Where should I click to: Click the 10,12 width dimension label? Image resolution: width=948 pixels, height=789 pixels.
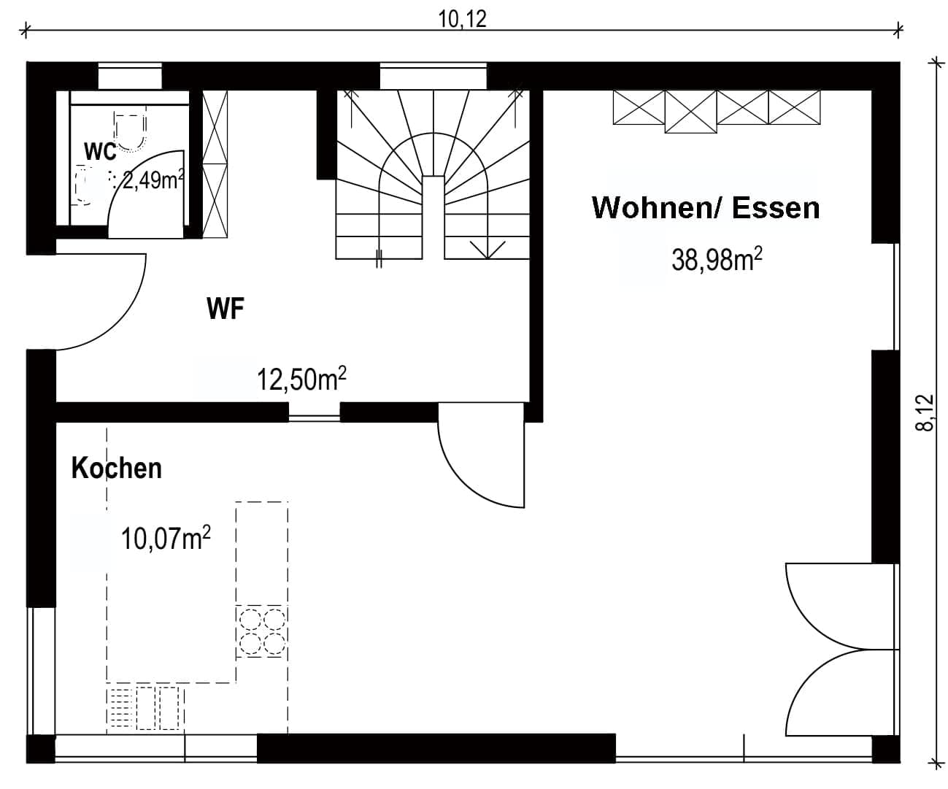pyautogui.click(x=462, y=19)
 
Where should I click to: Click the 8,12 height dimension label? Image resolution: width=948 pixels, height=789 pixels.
pyautogui.click(x=925, y=412)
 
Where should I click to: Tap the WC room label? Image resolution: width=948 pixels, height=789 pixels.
pyautogui.click(x=100, y=151)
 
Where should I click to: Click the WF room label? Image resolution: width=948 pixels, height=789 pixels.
pyautogui.click(x=226, y=309)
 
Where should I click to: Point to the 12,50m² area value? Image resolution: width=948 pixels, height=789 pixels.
pyautogui.click(x=302, y=379)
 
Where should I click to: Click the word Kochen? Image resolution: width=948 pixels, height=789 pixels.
pyautogui.click(x=117, y=469)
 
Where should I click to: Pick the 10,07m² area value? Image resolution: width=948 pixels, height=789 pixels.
pyautogui.click(x=166, y=538)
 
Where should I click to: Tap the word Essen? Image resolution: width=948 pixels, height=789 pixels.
pyautogui.click(x=776, y=208)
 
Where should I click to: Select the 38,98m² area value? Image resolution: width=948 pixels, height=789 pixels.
pyautogui.click(x=717, y=259)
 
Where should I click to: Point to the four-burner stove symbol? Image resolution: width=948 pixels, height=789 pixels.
pyautogui.click(x=262, y=631)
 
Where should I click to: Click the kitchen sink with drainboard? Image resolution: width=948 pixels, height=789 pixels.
pyautogui.click(x=145, y=709)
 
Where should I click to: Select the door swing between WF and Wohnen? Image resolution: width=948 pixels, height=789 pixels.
pyautogui.click(x=458, y=482)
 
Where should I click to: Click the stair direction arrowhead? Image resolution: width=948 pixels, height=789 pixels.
pyautogui.click(x=488, y=250)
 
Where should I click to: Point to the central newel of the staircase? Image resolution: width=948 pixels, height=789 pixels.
pyautogui.click(x=433, y=217)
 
